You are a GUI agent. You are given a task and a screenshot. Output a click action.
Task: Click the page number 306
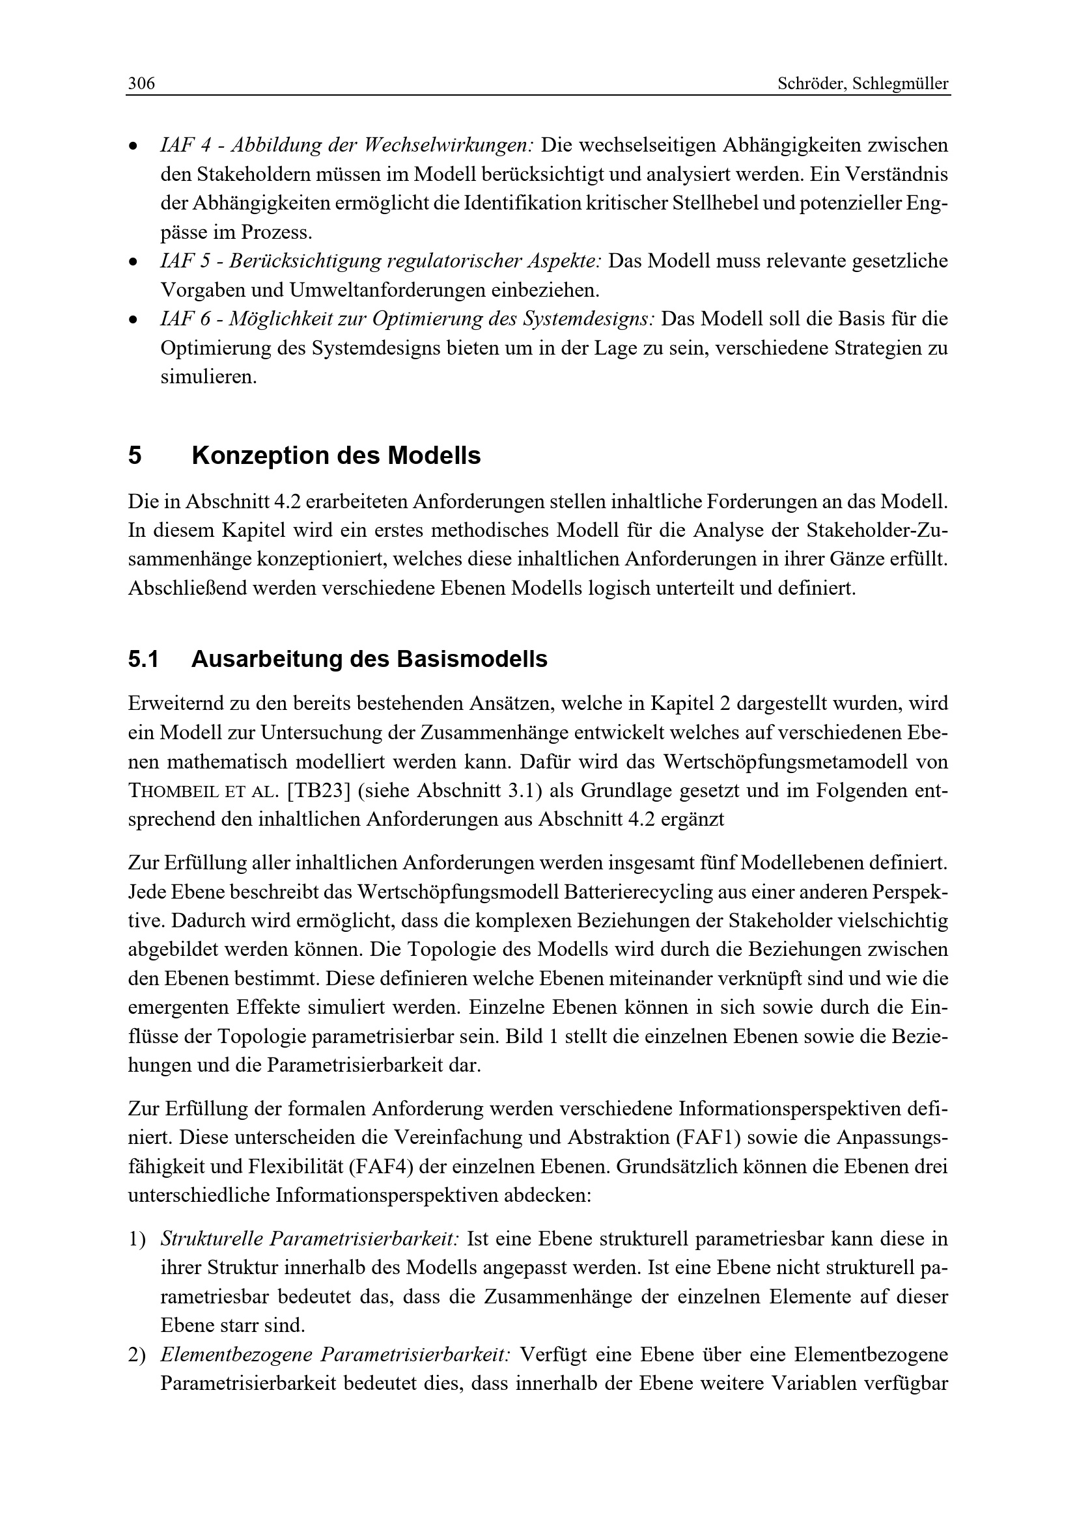click(x=141, y=84)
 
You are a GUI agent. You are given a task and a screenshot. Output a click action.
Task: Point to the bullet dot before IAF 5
click(x=133, y=262)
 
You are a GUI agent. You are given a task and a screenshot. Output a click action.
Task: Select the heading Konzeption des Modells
click(x=335, y=456)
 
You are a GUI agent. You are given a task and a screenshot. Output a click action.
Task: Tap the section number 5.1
click(x=143, y=660)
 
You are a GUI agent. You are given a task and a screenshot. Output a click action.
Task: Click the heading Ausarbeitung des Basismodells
click(x=369, y=660)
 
